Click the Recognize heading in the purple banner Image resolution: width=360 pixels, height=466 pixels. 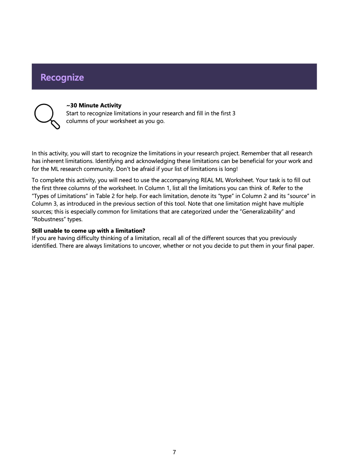(62, 77)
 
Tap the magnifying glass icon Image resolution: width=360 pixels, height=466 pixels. (47, 116)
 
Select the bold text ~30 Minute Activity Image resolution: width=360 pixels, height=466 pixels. (94, 105)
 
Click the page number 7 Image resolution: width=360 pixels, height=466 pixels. (174, 452)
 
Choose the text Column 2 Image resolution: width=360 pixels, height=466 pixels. (254, 196)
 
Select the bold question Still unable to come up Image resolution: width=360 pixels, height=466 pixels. (88, 230)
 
